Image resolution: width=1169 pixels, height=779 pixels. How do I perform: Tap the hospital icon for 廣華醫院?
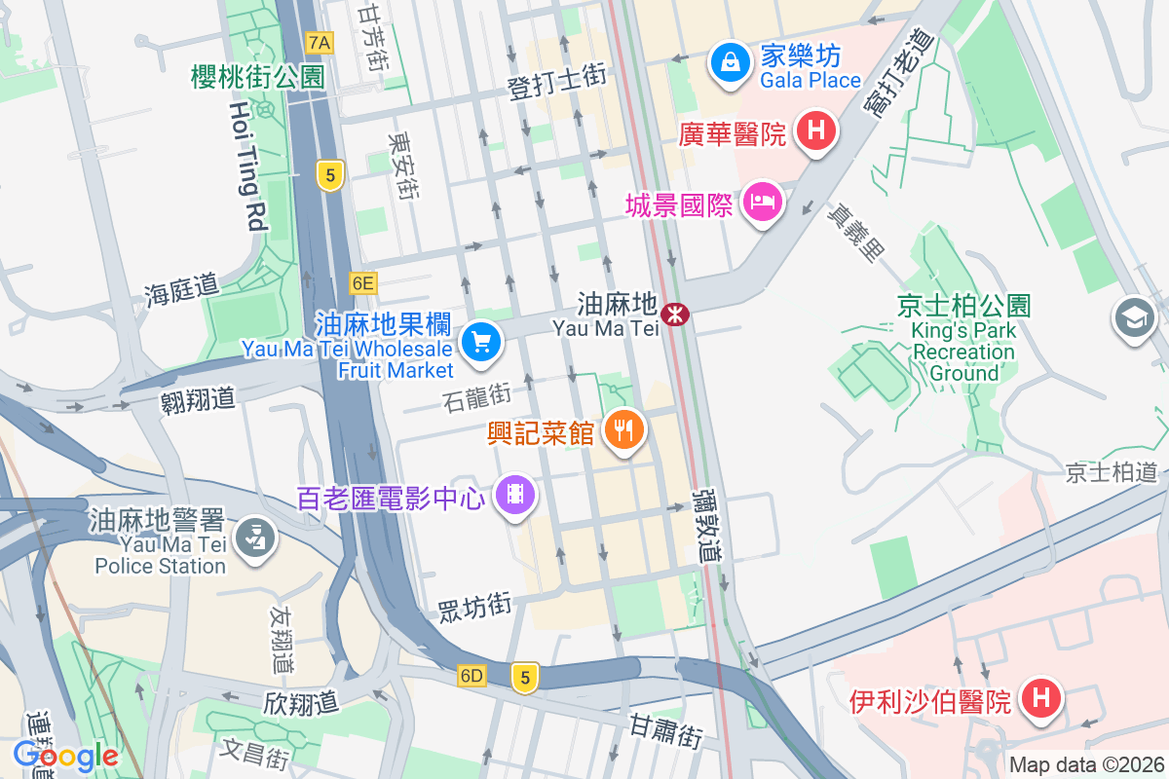[816, 130]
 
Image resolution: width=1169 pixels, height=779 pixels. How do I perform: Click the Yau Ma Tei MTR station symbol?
[674, 314]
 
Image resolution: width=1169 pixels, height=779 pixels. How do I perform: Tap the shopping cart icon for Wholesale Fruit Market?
[480, 343]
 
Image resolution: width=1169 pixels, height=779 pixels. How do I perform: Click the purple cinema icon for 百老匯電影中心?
[516, 495]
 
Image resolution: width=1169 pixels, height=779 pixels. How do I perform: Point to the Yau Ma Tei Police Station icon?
[256, 537]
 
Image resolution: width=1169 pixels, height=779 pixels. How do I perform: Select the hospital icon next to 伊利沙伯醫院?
[1039, 697]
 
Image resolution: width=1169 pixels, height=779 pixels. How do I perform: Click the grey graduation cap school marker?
[1135, 318]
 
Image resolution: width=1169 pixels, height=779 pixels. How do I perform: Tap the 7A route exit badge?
[319, 43]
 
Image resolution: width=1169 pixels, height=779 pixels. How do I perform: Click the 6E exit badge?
[363, 283]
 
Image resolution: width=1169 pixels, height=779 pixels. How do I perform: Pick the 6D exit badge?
[472, 676]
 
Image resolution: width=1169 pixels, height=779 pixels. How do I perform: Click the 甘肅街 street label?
[666, 730]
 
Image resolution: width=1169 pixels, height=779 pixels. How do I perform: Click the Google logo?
[65, 755]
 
